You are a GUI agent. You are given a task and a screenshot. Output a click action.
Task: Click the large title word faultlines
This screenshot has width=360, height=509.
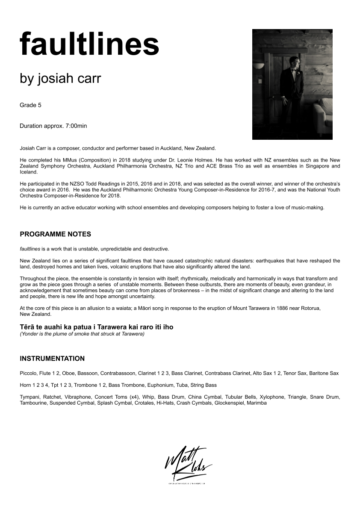pos(89,44)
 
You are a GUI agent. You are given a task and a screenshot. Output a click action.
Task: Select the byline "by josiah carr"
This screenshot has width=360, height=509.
pos(60,79)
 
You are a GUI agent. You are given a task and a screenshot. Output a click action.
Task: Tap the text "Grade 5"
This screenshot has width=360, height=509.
pos(30,105)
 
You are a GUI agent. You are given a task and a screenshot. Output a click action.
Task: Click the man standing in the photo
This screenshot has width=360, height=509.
pos(292,85)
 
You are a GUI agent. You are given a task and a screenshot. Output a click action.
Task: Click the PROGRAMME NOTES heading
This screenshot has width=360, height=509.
pos(55,234)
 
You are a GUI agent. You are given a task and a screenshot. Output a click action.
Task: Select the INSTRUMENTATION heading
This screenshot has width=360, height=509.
pos(52,359)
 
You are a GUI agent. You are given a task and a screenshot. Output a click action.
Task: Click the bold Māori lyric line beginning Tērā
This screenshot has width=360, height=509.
pos(96,327)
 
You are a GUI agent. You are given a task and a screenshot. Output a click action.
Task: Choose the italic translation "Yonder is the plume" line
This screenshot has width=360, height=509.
pos(82,334)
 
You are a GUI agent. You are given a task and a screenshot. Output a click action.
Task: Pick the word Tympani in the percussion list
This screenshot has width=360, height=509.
pos(30,397)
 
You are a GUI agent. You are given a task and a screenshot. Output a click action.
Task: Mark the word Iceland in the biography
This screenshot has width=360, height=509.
pos(29,172)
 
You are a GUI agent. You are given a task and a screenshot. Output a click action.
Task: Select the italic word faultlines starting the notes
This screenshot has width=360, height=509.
pos(30,249)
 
